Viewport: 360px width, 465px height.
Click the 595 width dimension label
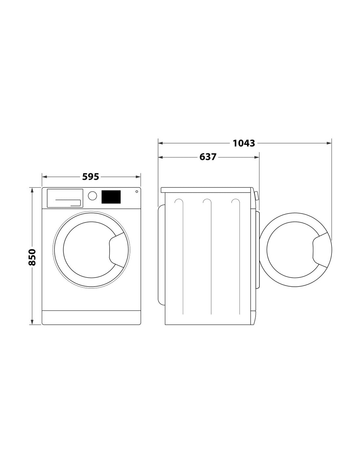click(91, 177)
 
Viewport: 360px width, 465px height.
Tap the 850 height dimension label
click(32, 257)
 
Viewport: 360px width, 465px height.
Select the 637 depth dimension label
click(208, 157)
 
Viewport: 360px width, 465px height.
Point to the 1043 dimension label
click(244, 143)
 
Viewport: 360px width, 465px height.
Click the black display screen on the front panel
click(111, 197)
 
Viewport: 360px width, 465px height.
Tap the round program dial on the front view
click(92, 196)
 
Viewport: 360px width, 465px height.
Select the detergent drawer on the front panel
click(65, 198)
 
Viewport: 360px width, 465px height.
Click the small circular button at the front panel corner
click(136, 192)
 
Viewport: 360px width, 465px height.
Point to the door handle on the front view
click(117, 250)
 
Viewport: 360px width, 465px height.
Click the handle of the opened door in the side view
click(320, 250)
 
